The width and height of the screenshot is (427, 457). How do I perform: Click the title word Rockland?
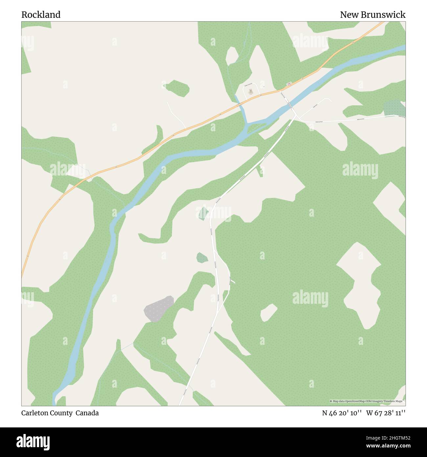point(41,15)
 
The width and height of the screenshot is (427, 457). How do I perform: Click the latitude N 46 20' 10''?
point(342,413)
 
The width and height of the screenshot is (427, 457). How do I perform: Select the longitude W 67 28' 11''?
point(386,413)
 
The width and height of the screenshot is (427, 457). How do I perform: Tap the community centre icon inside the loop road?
point(251,90)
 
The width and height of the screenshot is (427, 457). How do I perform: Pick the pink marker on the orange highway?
point(289,84)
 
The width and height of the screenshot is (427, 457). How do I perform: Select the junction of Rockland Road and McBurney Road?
point(297,116)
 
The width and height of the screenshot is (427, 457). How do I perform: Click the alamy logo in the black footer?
point(33,441)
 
